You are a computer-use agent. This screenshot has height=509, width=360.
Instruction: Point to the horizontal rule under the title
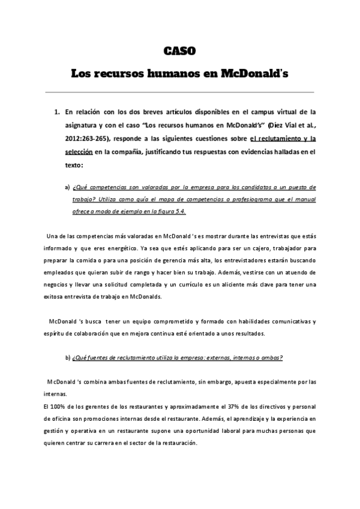[179, 92]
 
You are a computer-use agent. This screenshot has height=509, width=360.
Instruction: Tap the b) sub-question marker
[67, 358]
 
